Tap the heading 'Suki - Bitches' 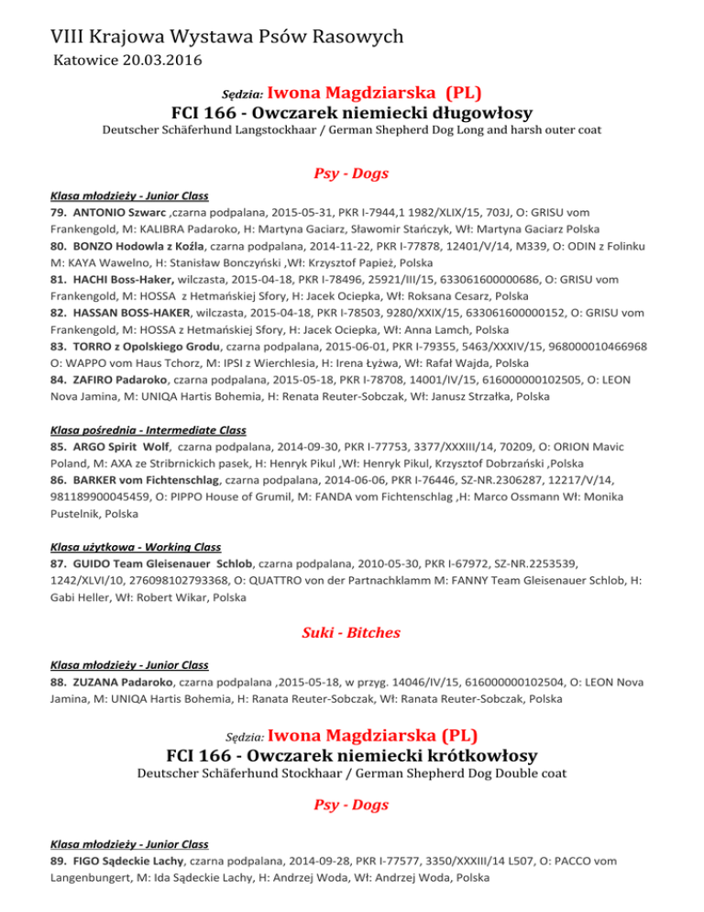pyautogui.click(x=352, y=632)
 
